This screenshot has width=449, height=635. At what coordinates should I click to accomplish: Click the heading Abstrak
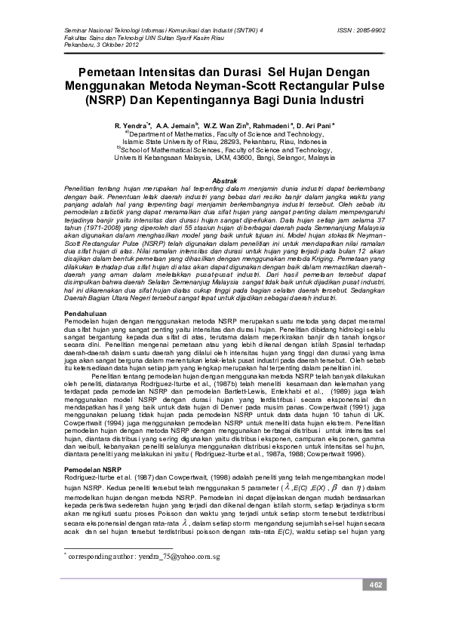click(x=224, y=182)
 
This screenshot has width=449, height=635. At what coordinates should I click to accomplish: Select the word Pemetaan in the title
click(x=109, y=72)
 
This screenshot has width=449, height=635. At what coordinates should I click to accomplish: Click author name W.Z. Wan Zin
click(x=226, y=123)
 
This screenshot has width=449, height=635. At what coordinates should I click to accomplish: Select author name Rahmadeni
click(x=276, y=123)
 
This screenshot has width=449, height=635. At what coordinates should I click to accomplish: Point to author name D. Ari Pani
click(x=321, y=123)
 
